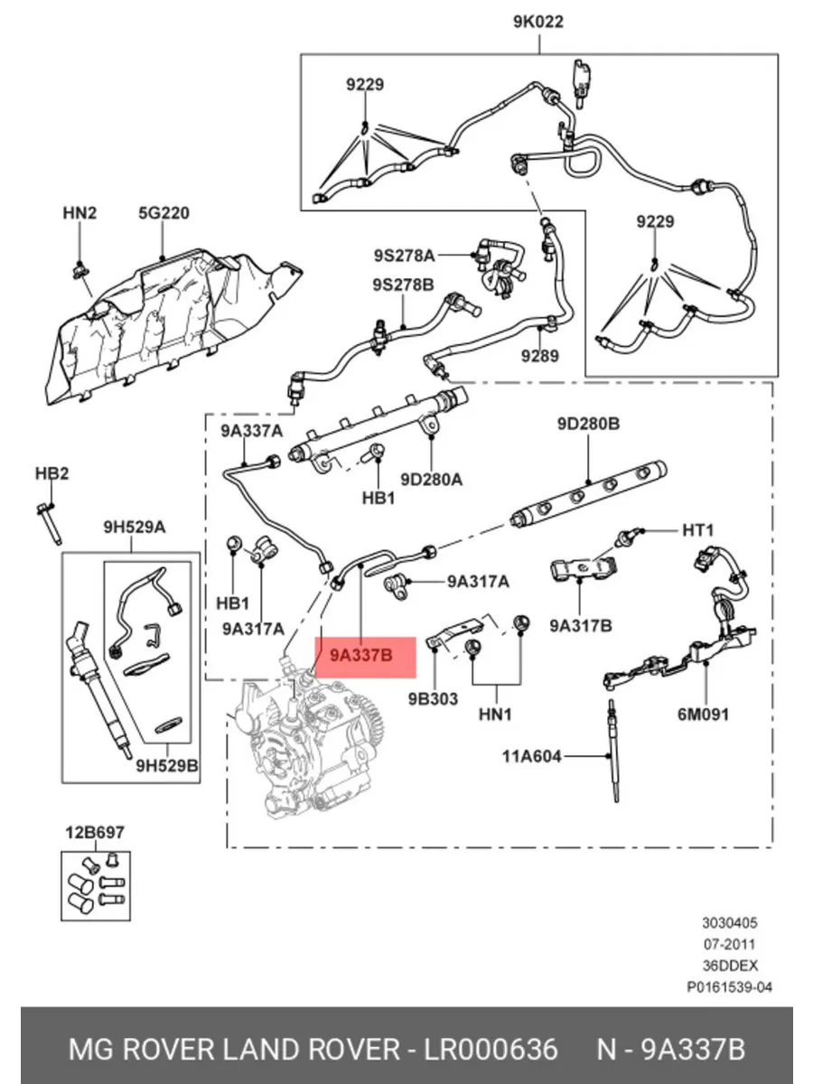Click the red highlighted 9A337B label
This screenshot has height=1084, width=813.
coord(361,656)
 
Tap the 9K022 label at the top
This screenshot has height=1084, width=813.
coord(538,22)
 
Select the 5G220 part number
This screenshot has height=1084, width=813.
coord(164,213)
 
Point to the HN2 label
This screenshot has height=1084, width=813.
coord(79,213)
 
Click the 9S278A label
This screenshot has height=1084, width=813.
coord(405,256)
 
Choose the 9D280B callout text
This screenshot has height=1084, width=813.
coord(588,424)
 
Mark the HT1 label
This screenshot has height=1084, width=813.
coord(698,530)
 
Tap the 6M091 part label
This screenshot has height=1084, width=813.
coord(703,715)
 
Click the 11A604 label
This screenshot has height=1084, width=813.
coord(532,756)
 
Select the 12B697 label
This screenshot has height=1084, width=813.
coord(95,833)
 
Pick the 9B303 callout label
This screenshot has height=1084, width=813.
coord(433,699)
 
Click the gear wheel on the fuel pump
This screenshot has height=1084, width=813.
coord(370,720)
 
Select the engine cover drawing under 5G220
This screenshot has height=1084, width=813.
coord(173,326)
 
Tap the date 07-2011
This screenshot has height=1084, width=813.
coord(729,944)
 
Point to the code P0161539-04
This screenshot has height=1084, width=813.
coord(729,986)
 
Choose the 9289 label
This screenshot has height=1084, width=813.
coord(540,356)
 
